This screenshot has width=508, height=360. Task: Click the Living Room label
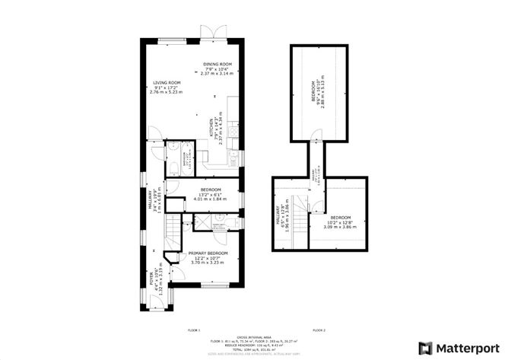167,87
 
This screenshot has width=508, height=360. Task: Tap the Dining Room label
216,68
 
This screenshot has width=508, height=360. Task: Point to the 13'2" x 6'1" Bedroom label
211,193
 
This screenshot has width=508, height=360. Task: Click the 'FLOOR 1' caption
194,330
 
